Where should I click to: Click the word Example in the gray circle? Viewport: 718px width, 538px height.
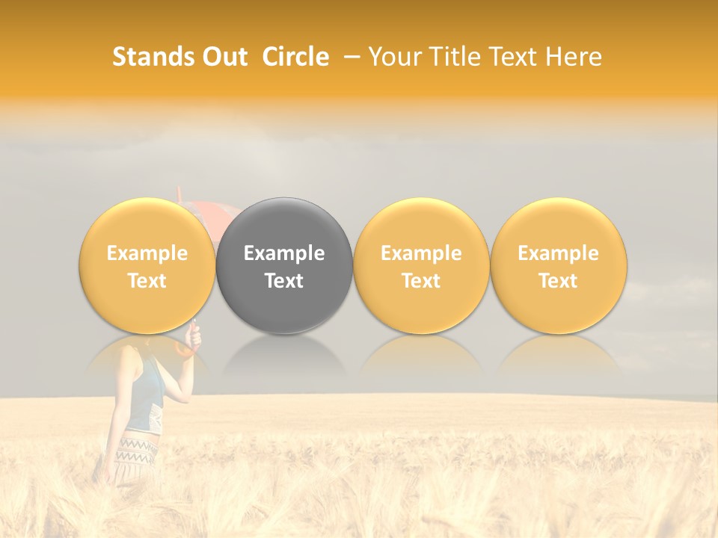click(x=284, y=253)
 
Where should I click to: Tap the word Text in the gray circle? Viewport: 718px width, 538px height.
click(x=284, y=281)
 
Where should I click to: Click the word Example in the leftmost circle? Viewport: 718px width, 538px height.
click(x=147, y=253)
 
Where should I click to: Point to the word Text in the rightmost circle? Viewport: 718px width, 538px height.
click(x=559, y=281)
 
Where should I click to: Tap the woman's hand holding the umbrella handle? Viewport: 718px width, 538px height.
click(x=194, y=341)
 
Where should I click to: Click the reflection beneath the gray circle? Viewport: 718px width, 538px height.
click(x=284, y=355)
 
